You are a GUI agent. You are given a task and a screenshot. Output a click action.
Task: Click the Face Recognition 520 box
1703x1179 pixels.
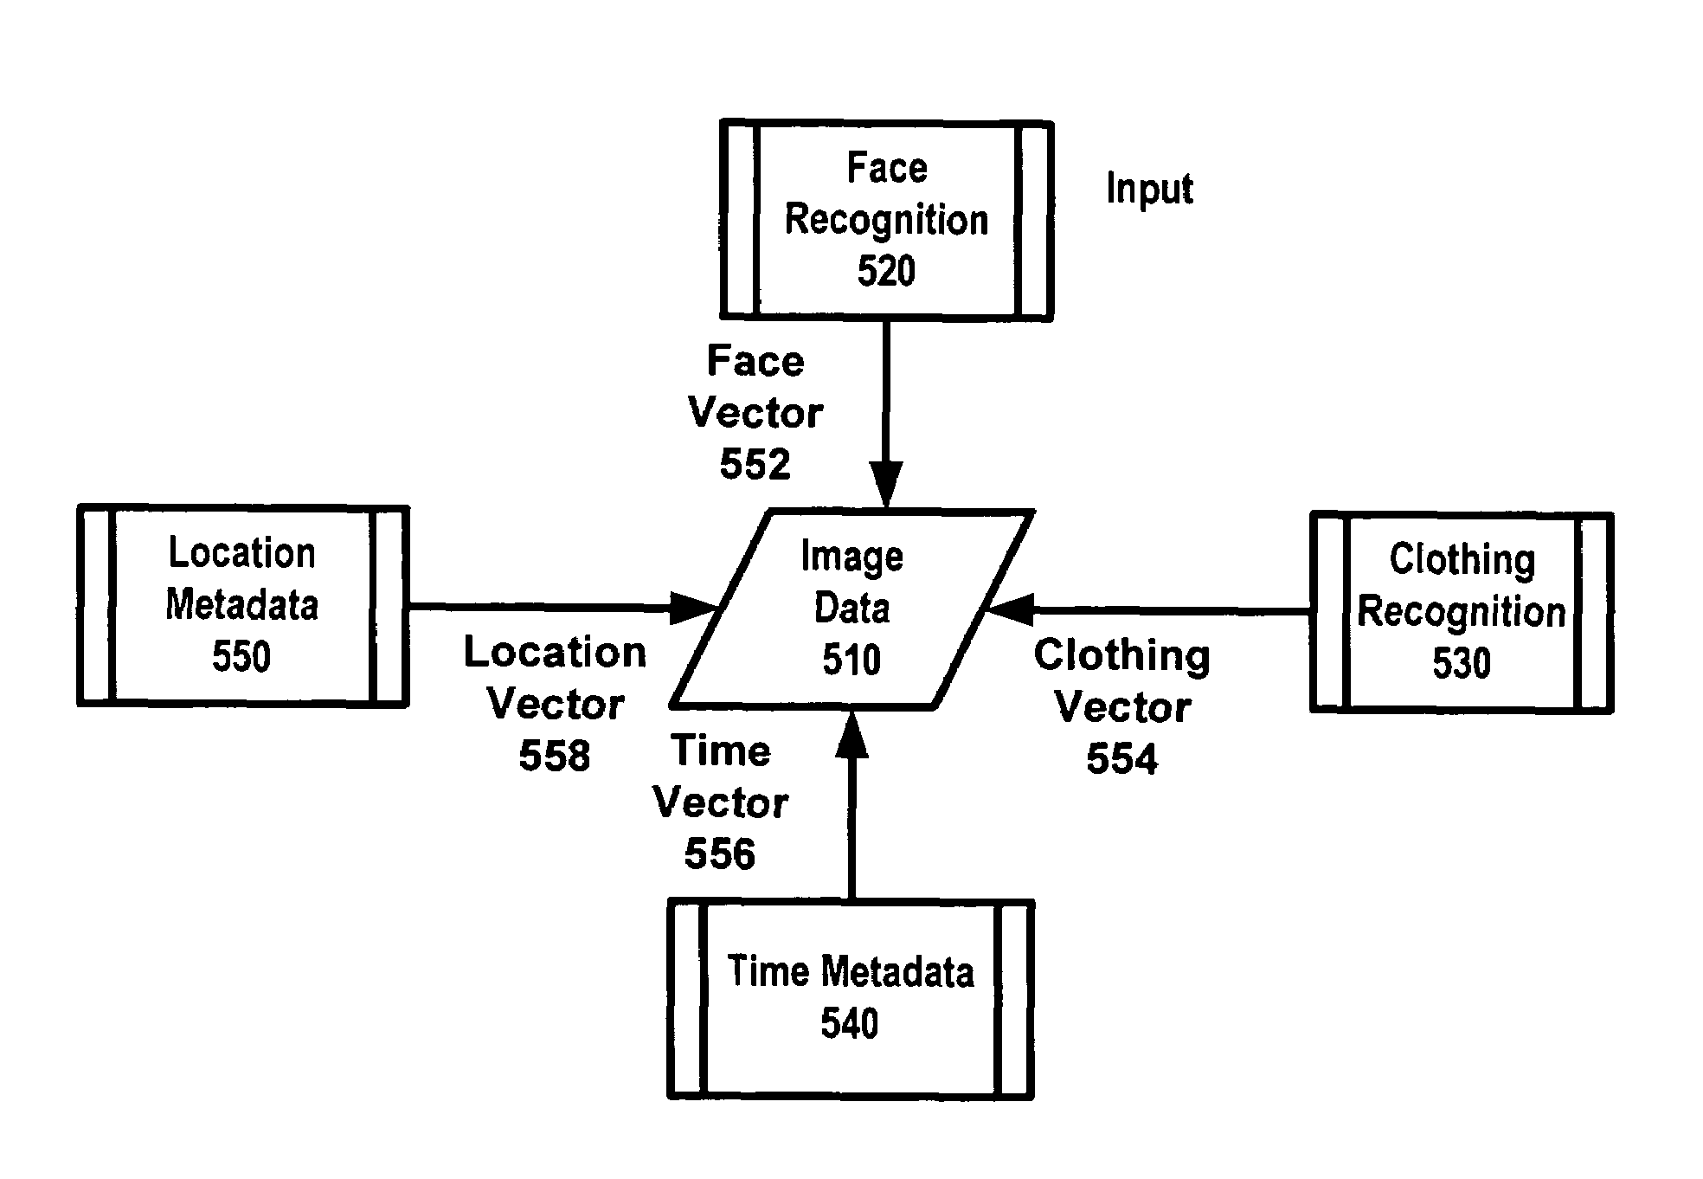pos(886,220)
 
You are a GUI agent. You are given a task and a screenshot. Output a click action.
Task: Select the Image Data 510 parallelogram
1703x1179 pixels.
pos(852,609)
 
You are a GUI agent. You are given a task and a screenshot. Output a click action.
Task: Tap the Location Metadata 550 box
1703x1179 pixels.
pos(242,605)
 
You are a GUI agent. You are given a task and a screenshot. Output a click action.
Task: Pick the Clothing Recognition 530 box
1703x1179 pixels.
pos(1461,612)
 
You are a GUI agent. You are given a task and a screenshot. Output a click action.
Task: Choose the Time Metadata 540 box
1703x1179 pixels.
pos(850,998)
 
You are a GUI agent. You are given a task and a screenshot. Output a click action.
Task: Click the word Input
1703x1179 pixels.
pos(1149,189)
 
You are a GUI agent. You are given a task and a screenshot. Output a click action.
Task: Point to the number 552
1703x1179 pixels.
pos(755,465)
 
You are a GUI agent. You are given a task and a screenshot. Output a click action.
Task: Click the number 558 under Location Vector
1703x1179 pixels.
pos(554,756)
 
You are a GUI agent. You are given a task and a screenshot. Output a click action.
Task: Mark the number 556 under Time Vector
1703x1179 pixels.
pos(719,854)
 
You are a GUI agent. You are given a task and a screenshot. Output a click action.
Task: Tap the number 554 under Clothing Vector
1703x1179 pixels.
pos(1121,759)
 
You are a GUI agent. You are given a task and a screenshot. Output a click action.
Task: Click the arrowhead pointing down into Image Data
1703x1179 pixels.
pos(885,485)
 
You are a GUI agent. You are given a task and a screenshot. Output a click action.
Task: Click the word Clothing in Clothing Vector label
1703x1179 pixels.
pos(1121,655)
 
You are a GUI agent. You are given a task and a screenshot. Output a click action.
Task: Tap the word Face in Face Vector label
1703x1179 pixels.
pos(755,361)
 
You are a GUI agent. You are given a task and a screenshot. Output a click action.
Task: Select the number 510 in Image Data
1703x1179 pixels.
pos(851,660)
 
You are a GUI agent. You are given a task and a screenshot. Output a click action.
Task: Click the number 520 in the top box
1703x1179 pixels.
pos(886,272)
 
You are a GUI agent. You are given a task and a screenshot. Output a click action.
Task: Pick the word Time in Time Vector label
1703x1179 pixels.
pos(720,751)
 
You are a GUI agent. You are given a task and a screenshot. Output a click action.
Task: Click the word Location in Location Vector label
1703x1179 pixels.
pos(555,652)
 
